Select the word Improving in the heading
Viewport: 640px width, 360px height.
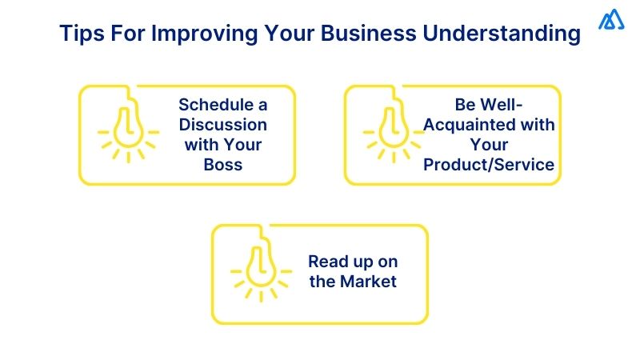(x=205, y=34)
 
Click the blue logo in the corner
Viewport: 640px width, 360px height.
(x=611, y=20)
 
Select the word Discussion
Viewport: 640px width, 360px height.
(x=223, y=125)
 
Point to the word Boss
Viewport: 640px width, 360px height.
(x=223, y=165)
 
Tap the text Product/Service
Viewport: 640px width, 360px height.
(x=489, y=165)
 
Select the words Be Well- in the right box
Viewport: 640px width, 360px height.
(x=488, y=105)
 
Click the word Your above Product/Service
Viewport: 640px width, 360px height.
(x=489, y=145)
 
